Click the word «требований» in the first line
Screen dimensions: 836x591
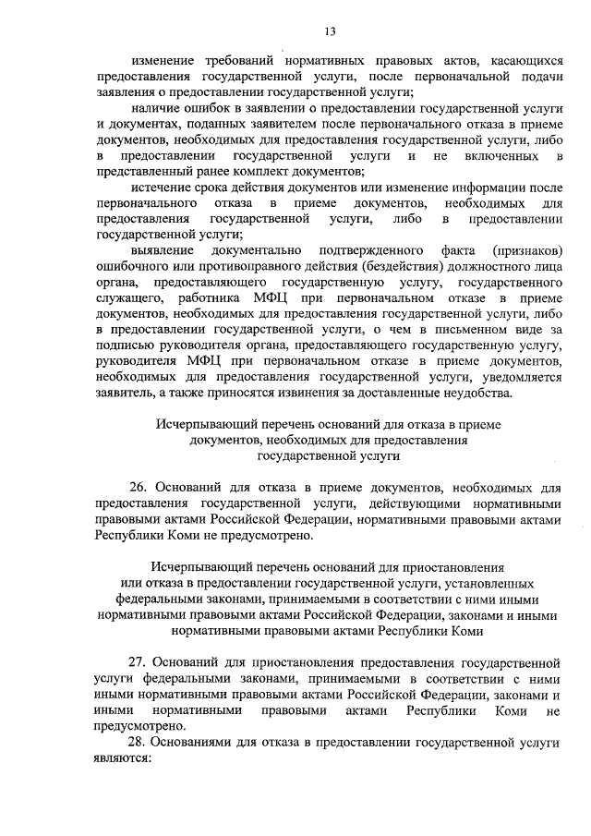coord(236,58)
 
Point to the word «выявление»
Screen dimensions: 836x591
coord(162,250)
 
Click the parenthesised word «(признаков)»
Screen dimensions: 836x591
coord(527,250)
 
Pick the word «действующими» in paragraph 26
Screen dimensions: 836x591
coord(416,503)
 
